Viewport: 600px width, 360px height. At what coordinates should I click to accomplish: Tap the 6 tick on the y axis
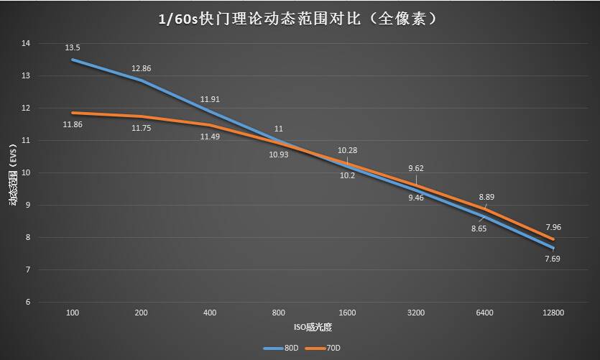(28, 303)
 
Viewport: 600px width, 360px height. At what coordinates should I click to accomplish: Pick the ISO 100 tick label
(72, 313)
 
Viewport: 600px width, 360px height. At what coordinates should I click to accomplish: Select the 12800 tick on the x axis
(554, 313)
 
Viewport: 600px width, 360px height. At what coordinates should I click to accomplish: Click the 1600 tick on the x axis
(347, 313)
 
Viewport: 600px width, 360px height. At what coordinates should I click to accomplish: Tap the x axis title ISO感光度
(312, 327)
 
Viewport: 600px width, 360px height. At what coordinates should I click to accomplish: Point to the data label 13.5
(72, 48)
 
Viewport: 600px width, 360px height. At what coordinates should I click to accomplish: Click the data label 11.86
(73, 125)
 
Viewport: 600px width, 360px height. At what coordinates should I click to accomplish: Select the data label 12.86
(142, 69)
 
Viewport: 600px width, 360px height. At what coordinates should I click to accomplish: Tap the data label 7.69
(553, 258)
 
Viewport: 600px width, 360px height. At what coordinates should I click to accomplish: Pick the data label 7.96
(553, 227)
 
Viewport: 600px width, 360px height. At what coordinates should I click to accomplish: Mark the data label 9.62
(416, 168)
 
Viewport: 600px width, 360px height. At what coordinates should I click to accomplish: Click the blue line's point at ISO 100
(72, 60)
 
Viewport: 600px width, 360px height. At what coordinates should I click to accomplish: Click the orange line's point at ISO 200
(141, 116)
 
